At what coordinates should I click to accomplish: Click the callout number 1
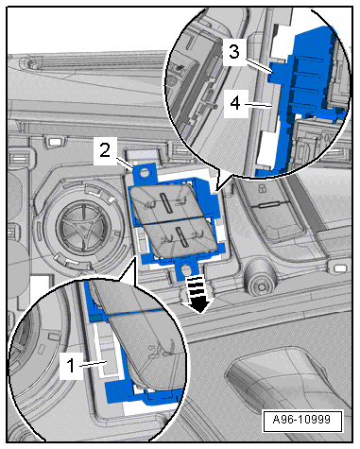click(71, 366)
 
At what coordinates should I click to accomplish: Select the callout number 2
click(105, 150)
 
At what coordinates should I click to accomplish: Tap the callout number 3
click(234, 51)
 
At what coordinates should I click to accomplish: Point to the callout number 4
click(235, 103)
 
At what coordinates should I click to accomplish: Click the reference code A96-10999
click(302, 420)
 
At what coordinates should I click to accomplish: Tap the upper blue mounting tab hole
click(146, 172)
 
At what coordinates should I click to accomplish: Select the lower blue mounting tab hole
click(185, 268)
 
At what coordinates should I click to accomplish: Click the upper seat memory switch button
click(165, 202)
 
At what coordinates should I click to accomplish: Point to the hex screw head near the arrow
click(261, 285)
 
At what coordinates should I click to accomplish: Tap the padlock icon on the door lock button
click(262, 189)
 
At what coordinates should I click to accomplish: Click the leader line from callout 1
click(94, 364)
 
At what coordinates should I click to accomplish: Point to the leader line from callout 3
click(259, 66)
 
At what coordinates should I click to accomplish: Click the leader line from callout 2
click(125, 164)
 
